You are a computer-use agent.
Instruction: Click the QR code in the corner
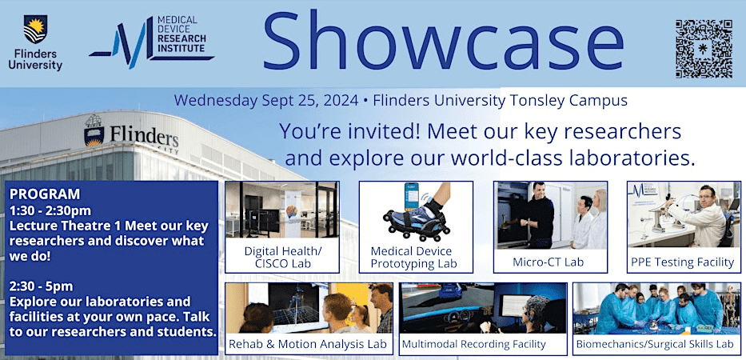coord(704,47)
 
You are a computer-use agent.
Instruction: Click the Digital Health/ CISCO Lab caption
coord(281,255)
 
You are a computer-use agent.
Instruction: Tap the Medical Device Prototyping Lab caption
coord(416,255)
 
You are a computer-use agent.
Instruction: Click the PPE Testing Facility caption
coord(683,262)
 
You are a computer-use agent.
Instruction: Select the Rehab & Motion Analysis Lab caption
coord(309,344)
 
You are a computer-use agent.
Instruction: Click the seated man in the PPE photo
coord(704,212)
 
